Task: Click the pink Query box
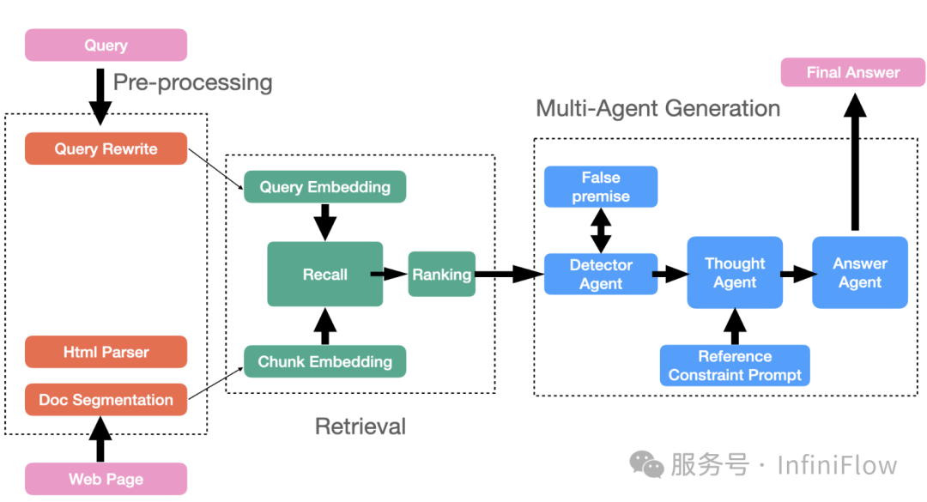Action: (x=106, y=45)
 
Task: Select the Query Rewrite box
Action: (x=106, y=148)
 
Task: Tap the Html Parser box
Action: (x=106, y=352)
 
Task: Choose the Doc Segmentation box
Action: (x=106, y=400)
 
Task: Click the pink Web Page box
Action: (x=106, y=479)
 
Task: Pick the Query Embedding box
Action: (x=324, y=187)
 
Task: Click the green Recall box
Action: (x=324, y=275)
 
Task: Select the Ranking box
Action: (x=441, y=275)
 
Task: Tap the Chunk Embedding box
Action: (x=324, y=361)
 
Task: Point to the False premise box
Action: (x=601, y=187)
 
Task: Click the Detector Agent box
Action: (x=601, y=275)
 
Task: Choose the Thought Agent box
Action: (x=735, y=273)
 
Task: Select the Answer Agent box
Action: (x=860, y=273)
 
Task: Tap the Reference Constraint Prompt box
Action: (x=735, y=366)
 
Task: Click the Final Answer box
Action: (x=853, y=73)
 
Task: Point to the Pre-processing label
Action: (x=193, y=82)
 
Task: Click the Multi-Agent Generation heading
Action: (x=657, y=109)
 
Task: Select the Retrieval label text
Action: (x=360, y=426)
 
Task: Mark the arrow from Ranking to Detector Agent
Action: (x=510, y=275)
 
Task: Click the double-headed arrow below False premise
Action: (x=601, y=230)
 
